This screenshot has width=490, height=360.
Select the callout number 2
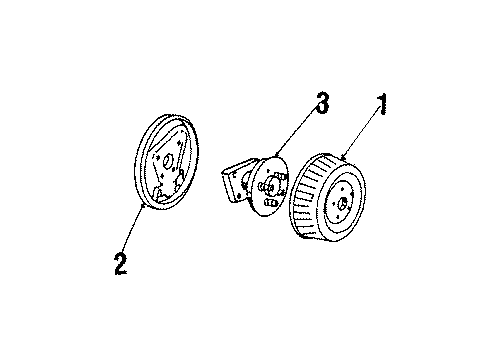[120, 264]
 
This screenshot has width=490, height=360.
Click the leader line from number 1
[362, 131]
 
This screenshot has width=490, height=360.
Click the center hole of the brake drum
[343, 204]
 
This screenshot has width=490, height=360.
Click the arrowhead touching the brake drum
[346, 158]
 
